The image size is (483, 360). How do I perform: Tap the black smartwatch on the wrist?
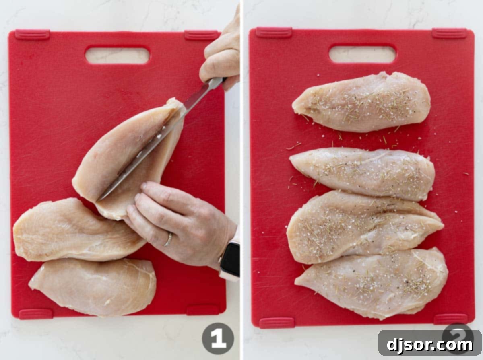pyautogui.click(x=230, y=259)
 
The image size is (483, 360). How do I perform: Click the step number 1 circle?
pyautogui.click(x=218, y=338)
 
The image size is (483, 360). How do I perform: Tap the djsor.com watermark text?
pyautogui.click(x=429, y=345)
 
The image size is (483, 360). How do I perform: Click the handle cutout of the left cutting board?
pyautogui.click(x=117, y=55)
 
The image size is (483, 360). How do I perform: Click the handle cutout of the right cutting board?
pyautogui.click(x=362, y=54)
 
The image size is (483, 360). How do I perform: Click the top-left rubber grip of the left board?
pyautogui.click(x=32, y=35)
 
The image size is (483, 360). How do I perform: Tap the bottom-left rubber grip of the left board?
pyautogui.click(x=35, y=314)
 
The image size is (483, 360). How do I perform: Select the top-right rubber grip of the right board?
pyautogui.click(x=450, y=33)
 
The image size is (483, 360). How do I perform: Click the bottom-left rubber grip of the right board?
pyautogui.click(x=277, y=323)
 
